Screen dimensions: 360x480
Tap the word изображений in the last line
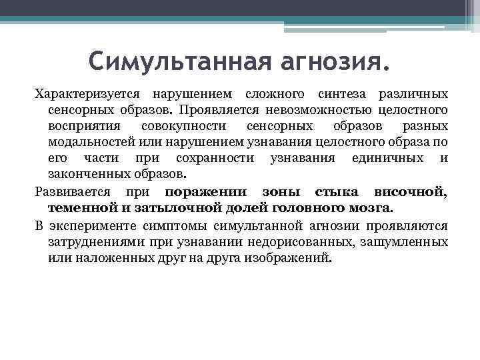click(291, 257)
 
